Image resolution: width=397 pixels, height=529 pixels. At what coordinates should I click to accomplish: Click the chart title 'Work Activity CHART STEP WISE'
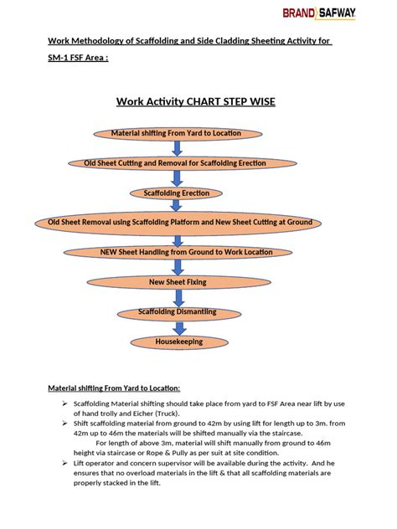coord(195,101)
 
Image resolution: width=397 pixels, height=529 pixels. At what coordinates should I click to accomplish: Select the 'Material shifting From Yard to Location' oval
coord(176,133)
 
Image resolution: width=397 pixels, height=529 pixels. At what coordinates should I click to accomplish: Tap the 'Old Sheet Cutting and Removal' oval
coord(177,162)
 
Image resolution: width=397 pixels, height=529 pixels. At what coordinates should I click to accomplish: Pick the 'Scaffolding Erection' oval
coord(177,193)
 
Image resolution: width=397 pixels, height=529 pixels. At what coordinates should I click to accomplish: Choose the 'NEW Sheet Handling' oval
coord(176,252)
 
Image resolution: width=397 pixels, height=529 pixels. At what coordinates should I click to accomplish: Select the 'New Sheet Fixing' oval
coord(177,282)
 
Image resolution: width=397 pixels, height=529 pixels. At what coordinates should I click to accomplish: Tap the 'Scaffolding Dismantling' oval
coord(177,312)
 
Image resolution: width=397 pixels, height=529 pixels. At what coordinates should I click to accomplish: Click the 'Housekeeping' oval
coord(178,342)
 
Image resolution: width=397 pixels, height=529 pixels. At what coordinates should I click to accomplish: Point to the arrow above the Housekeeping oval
coord(178,326)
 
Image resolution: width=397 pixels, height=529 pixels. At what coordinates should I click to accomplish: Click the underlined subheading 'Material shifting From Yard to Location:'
coord(113,388)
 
